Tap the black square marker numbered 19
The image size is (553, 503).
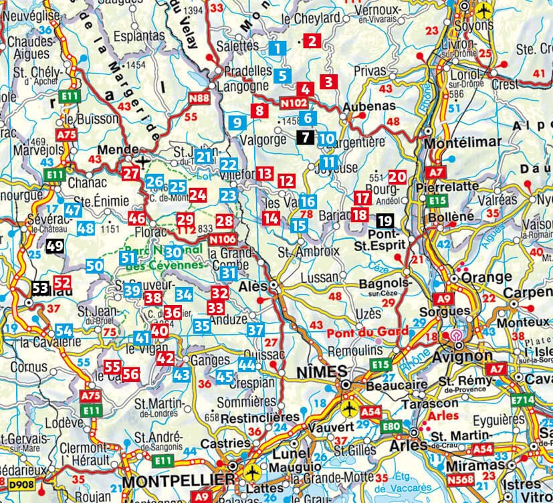click(384, 221)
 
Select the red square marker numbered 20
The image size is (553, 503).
click(397, 177)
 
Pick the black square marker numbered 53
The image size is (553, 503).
click(40, 288)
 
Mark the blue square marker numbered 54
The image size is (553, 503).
click(64, 330)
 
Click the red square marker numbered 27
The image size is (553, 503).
click(131, 174)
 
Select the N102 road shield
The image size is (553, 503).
click(294, 104)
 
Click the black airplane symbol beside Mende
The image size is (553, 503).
click(141, 161)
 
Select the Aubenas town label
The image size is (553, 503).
click(365, 108)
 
